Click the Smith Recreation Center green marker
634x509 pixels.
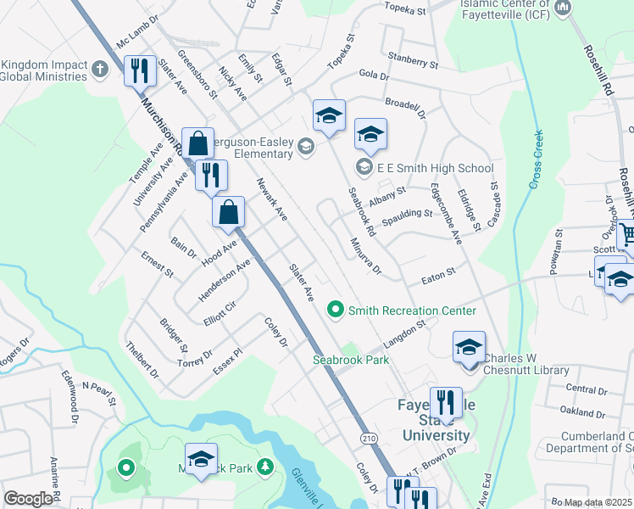pos(336,310)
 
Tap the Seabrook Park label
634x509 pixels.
pos(351,360)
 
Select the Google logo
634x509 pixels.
pos(28,499)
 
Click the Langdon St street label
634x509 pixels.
pos(402,333)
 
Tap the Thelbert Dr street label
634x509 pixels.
pos(142,359)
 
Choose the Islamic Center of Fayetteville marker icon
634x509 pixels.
pos(562,8)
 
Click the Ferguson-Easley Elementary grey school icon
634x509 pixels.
pos(305,150)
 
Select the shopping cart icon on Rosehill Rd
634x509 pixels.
pos(628,234)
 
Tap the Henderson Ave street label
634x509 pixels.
pos(225,280)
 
